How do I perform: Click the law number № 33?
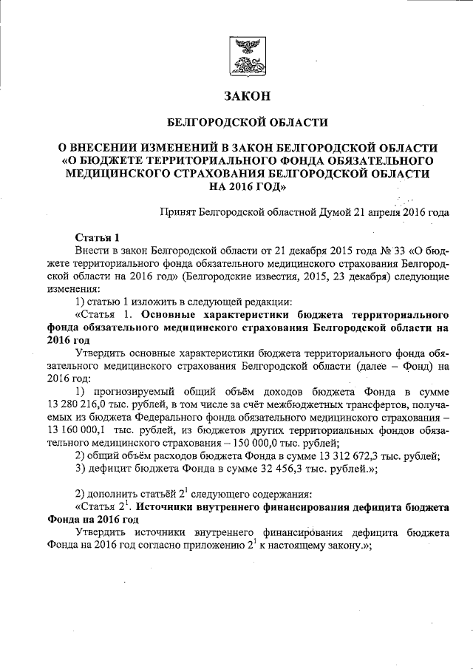tap(355, 251)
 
